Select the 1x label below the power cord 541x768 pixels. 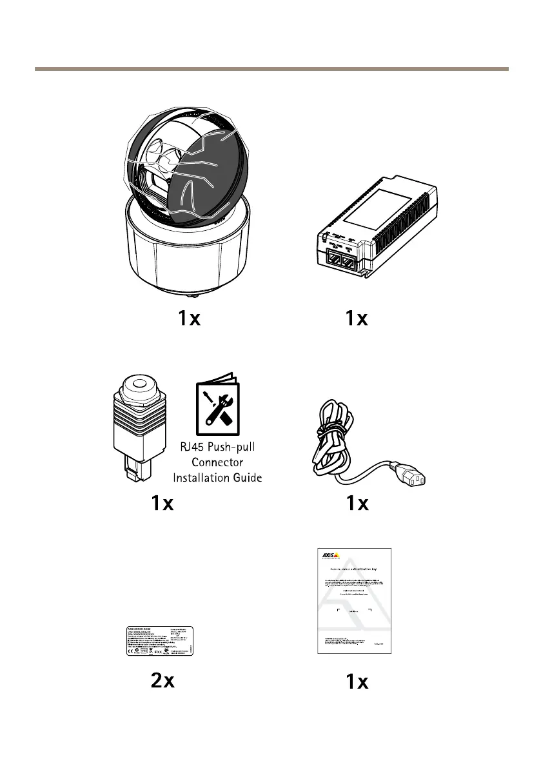click(357, 504)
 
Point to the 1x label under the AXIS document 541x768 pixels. click(357, 682)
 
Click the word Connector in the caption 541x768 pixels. click(217, 464)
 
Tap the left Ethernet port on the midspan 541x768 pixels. click(334, 262)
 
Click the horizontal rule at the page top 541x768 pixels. click(271, 68)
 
